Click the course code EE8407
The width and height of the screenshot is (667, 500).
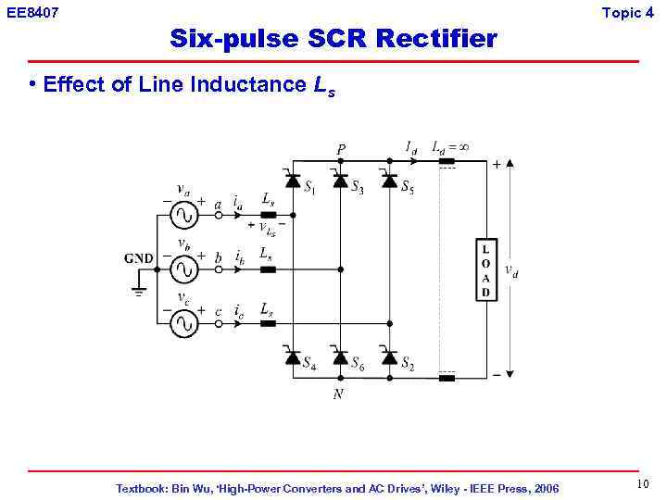(x=32, y=13)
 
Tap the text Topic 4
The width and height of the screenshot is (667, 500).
(x=634, y=12)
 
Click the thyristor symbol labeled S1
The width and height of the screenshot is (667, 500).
(x=292, y=181)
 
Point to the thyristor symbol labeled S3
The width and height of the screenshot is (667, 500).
(x=340, y=181)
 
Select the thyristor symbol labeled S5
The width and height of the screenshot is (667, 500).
(x=389, y=181)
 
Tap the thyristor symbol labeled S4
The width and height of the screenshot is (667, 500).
(x=292, y=357)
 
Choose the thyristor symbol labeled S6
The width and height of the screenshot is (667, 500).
(x=340, y=357)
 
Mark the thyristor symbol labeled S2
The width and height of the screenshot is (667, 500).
(x=389, y=357)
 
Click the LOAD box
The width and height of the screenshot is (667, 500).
(x=485, y=270)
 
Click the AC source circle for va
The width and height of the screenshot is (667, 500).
(x=182, y=215)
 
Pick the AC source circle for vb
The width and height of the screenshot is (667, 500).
(x=182, y=269)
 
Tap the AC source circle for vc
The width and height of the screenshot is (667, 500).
(x=182, y=323)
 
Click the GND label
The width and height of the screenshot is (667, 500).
(x=138, y=258)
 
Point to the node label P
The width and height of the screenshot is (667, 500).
(x=341, y=149)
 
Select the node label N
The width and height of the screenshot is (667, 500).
(x=338, y=394)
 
